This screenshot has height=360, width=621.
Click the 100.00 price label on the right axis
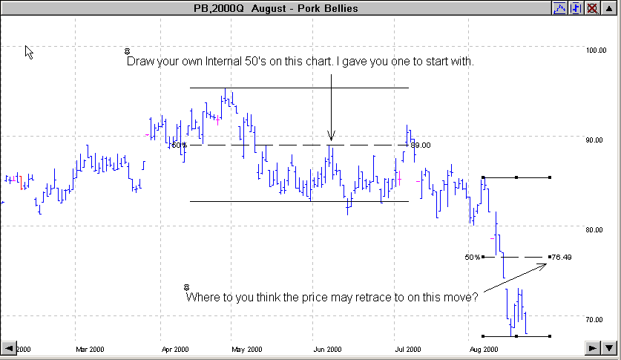(597, 50)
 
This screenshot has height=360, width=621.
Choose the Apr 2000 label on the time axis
(176, 349)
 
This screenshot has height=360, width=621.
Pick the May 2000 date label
(247, 349)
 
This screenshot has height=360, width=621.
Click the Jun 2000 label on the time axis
(327, 349)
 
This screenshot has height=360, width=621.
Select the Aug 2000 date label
(484, 349)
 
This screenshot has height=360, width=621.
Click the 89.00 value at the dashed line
(421, 145)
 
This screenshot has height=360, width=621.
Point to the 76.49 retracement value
(562, 258)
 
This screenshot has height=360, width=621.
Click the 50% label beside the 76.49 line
(473, 258)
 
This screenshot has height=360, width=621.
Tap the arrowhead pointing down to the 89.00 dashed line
(331, 136)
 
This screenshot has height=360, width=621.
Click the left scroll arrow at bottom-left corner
(9, 347)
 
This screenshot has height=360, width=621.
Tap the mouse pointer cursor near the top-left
(29, 52)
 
